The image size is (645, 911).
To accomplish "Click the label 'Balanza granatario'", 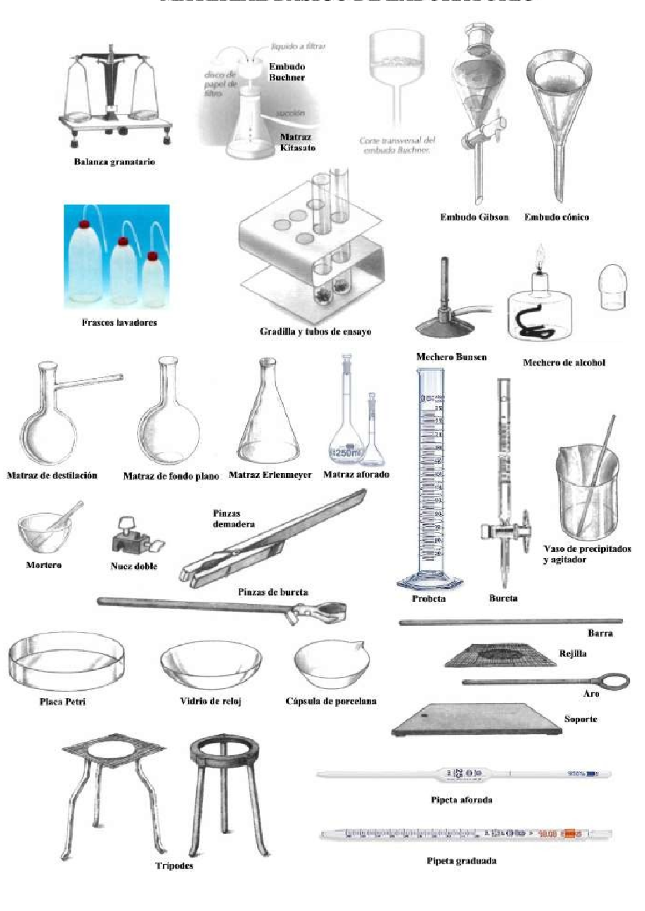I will (114, 162).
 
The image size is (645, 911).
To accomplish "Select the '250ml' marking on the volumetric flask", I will (346, 452).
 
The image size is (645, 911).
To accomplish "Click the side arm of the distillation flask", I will (89, 382).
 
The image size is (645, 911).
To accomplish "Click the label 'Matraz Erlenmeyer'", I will (270, 475).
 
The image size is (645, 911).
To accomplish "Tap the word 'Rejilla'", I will (572, 654).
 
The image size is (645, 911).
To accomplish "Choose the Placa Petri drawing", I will (67, 662).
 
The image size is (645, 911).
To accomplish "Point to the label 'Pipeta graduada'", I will (461, 861).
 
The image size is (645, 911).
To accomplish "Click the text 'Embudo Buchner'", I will (287, 72).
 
